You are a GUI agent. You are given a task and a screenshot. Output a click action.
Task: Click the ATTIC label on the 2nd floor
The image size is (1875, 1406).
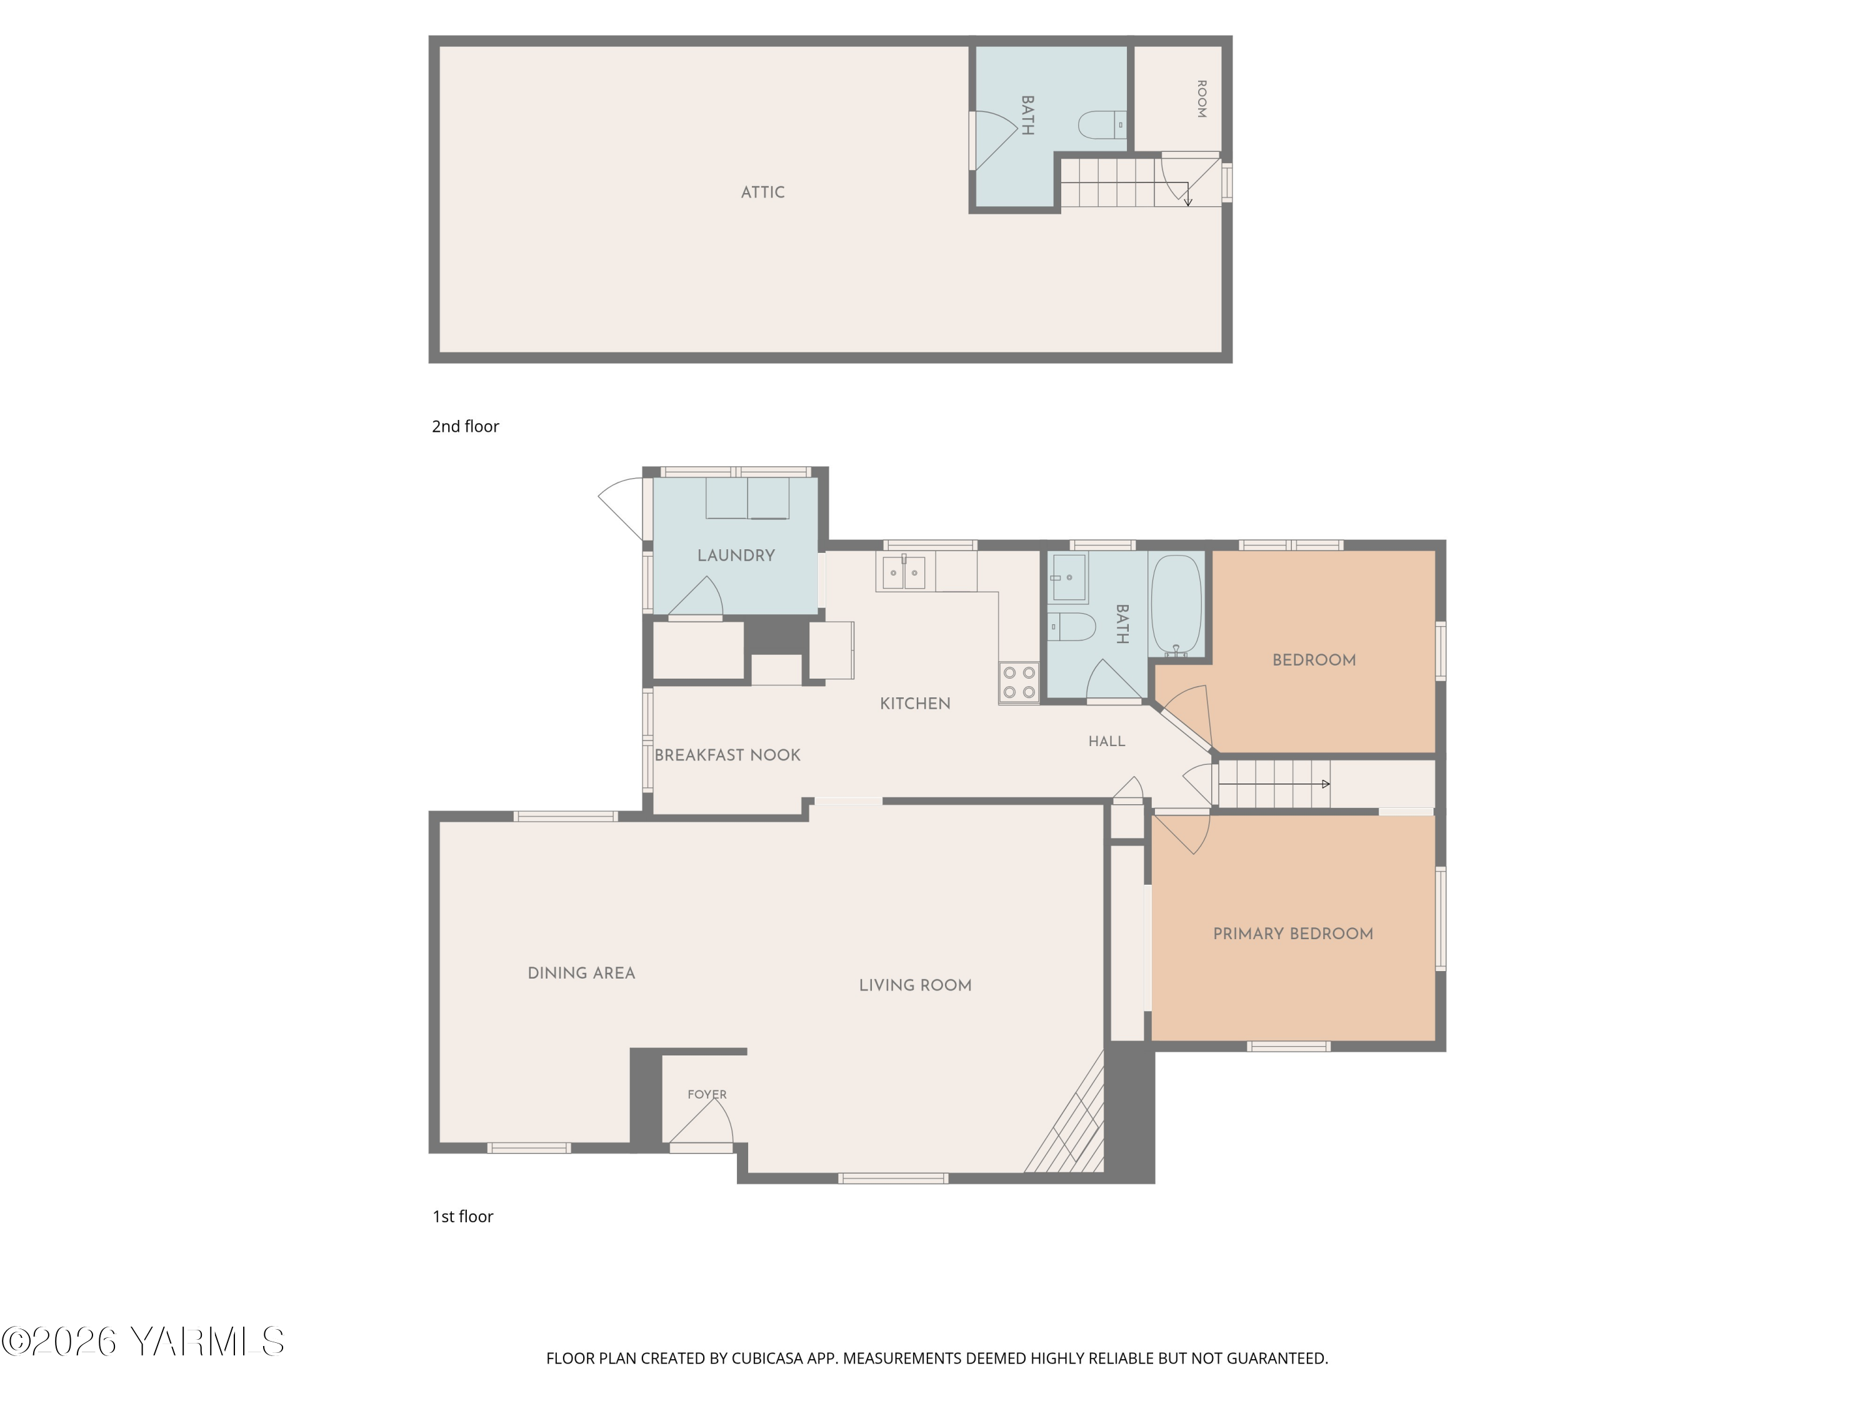(x=763, y=192)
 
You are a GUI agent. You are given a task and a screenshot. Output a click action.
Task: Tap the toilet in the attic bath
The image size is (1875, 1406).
(x=1102, y=126)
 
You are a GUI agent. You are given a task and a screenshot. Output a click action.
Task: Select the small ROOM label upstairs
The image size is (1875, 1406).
(x=1201, y=99)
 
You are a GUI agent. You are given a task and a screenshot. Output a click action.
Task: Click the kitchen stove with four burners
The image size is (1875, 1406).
(x=1019, y=682)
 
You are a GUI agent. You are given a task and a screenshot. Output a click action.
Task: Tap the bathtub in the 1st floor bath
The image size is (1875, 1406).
(x=1176, y=604)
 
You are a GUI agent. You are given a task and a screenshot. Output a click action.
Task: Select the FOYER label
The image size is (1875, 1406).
(x=707, y=1094)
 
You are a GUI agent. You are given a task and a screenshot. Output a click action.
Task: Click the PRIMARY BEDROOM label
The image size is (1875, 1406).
(x=1292, y=934)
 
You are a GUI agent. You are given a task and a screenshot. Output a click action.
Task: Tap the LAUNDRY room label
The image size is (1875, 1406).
(x=736, y=556)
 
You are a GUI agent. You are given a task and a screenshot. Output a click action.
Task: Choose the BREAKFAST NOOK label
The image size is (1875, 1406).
(x=727, y=755)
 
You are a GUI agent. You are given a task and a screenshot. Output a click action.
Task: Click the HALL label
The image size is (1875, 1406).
(x=1107, y=742)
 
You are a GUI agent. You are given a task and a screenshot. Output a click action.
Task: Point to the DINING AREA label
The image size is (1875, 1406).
(x=581, y=974)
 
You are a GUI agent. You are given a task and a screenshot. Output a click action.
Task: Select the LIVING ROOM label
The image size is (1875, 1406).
(x=916, y=985)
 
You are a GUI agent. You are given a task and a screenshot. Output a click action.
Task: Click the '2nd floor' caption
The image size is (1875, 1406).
(x=466, y=426)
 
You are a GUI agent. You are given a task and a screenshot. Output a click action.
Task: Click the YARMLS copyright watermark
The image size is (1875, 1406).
(x=142, y=1342)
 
